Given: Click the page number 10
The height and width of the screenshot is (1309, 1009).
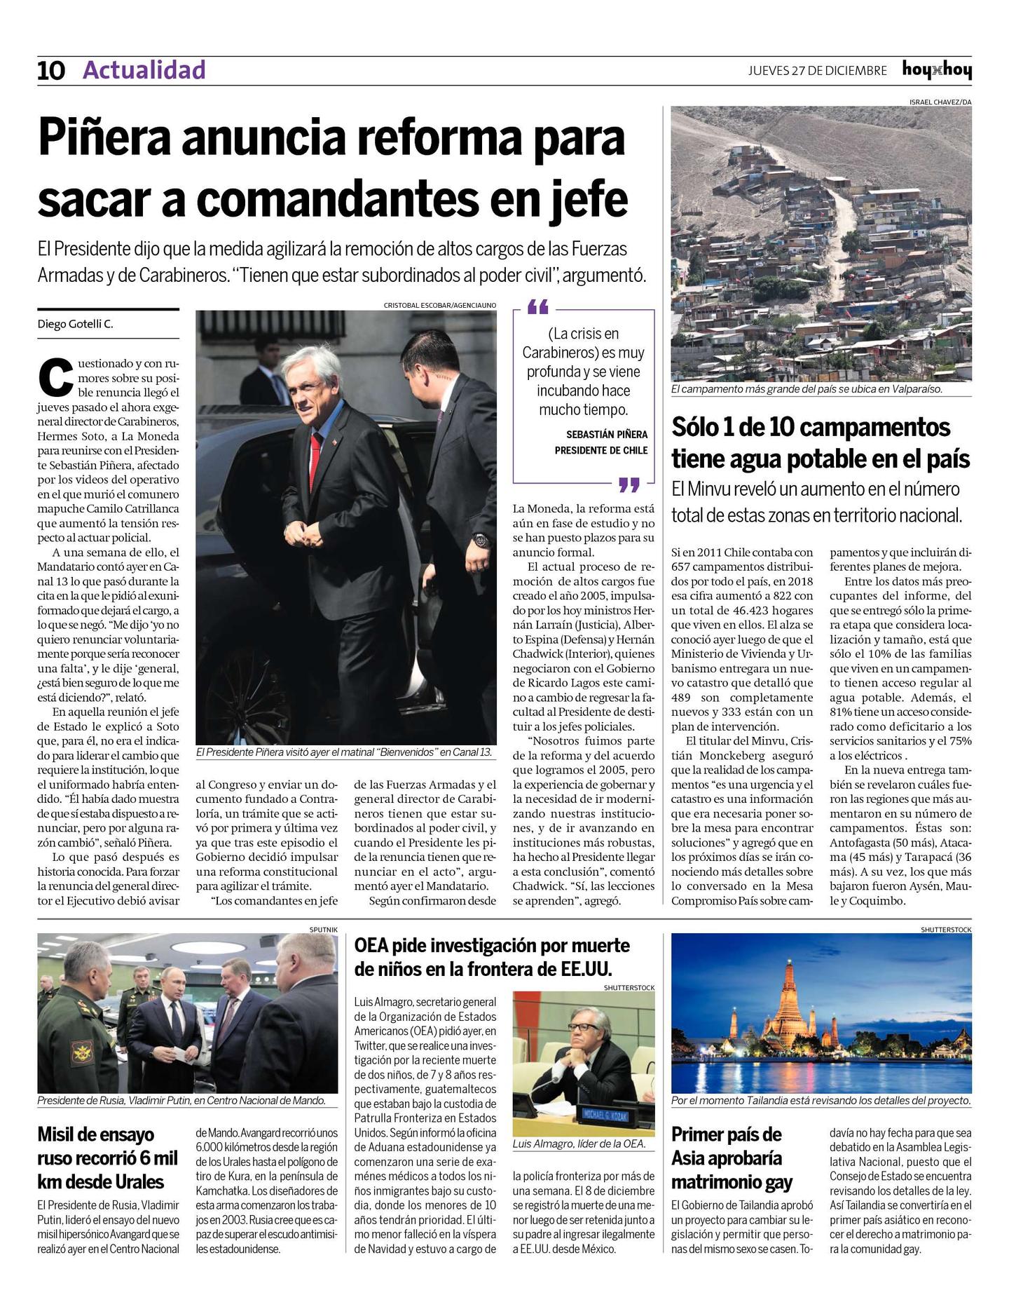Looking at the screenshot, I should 51,71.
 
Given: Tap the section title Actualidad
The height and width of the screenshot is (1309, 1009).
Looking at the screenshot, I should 144,70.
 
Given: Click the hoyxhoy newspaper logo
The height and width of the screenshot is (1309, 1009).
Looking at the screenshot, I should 937,70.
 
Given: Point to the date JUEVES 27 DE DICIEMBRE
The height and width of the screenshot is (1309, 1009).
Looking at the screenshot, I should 817,71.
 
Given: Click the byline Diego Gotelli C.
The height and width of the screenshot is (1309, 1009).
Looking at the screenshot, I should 75,324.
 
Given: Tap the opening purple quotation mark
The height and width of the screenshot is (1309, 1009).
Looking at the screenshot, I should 537,307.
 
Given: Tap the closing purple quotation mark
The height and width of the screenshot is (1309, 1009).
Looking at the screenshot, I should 629,484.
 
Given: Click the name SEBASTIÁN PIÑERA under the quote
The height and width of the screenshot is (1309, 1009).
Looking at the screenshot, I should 607,435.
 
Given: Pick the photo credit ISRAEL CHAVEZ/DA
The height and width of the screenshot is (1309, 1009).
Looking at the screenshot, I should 940,102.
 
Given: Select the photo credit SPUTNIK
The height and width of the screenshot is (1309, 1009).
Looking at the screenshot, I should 323,930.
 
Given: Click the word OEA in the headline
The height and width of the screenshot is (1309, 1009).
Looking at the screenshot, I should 371,946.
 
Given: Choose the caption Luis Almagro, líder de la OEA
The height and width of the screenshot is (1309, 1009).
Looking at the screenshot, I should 579,1144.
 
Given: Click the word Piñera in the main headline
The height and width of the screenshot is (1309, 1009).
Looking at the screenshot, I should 105,138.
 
